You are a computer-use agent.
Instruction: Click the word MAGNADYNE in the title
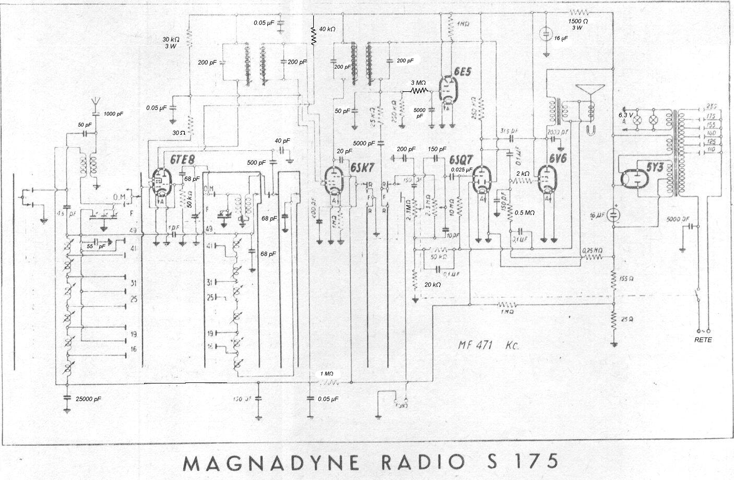click(x=272, y=462)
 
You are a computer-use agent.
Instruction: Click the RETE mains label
click(x=703, y=340)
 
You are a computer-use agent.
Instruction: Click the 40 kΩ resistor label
click(x=327, y=29)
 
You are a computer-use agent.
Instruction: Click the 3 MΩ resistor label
click(x=419, y=82)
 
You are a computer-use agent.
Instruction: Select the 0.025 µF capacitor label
click(x=461, y=170)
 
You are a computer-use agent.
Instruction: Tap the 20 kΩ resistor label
click(x=433, y=284)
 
